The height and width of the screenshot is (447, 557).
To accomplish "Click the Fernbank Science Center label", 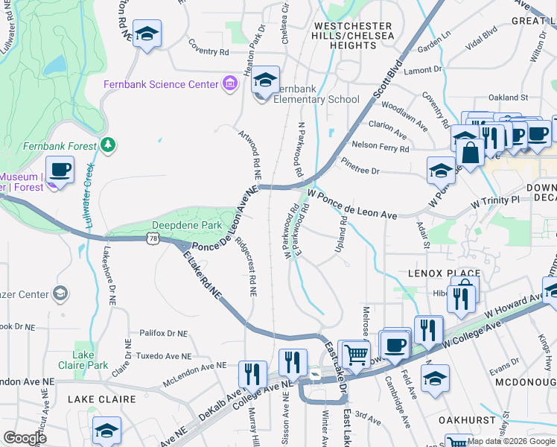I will click(161, 84).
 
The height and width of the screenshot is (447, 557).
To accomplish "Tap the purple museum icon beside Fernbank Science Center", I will click(230, 84).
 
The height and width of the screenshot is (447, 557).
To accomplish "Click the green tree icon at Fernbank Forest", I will click(109, 143).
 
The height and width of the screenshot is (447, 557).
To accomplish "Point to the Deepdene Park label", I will click(182, 224).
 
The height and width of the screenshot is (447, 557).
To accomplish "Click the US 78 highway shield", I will click(153, 238).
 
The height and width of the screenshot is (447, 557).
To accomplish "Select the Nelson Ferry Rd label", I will click(380, 147).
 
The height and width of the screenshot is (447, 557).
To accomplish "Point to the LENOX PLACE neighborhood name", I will click(436, 273).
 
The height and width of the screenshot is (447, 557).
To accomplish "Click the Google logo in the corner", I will click(25, 437).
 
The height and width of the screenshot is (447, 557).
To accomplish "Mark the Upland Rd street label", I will click(342, 232).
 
